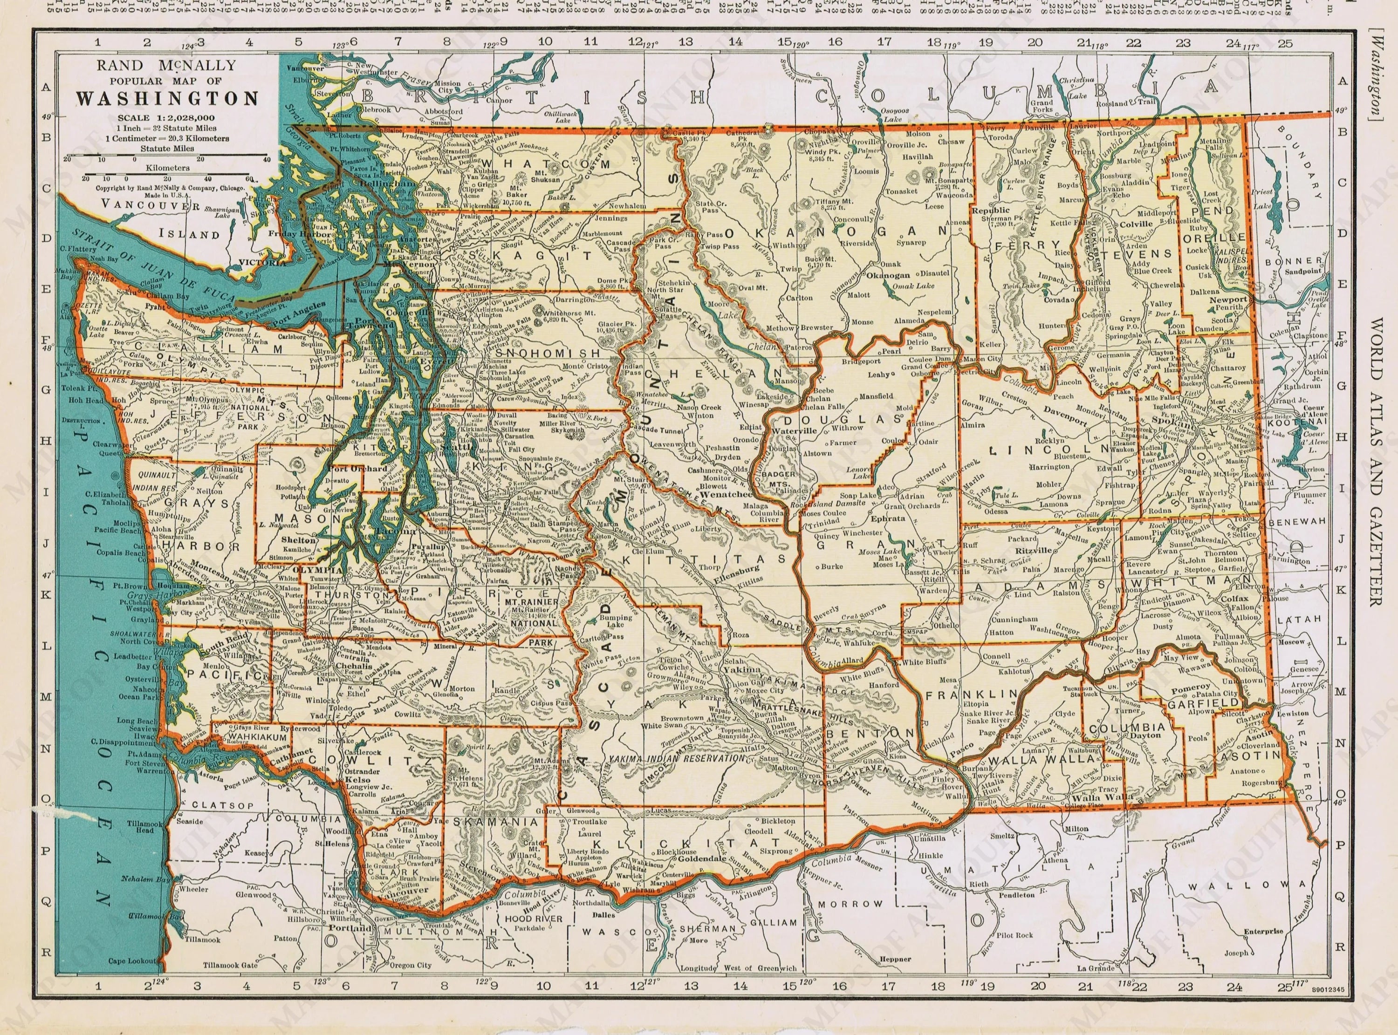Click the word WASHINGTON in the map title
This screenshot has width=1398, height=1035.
167,99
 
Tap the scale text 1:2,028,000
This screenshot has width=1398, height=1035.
178,118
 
